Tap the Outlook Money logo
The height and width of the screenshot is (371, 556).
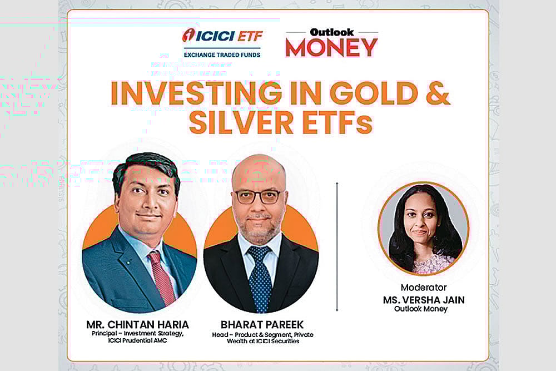coord(331,43)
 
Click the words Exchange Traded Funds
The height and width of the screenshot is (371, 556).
coord(221,54)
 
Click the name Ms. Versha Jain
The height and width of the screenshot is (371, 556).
coord(424,300)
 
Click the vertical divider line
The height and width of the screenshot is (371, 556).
coord(337,245)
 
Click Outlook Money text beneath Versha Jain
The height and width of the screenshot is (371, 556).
coord(424,309)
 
